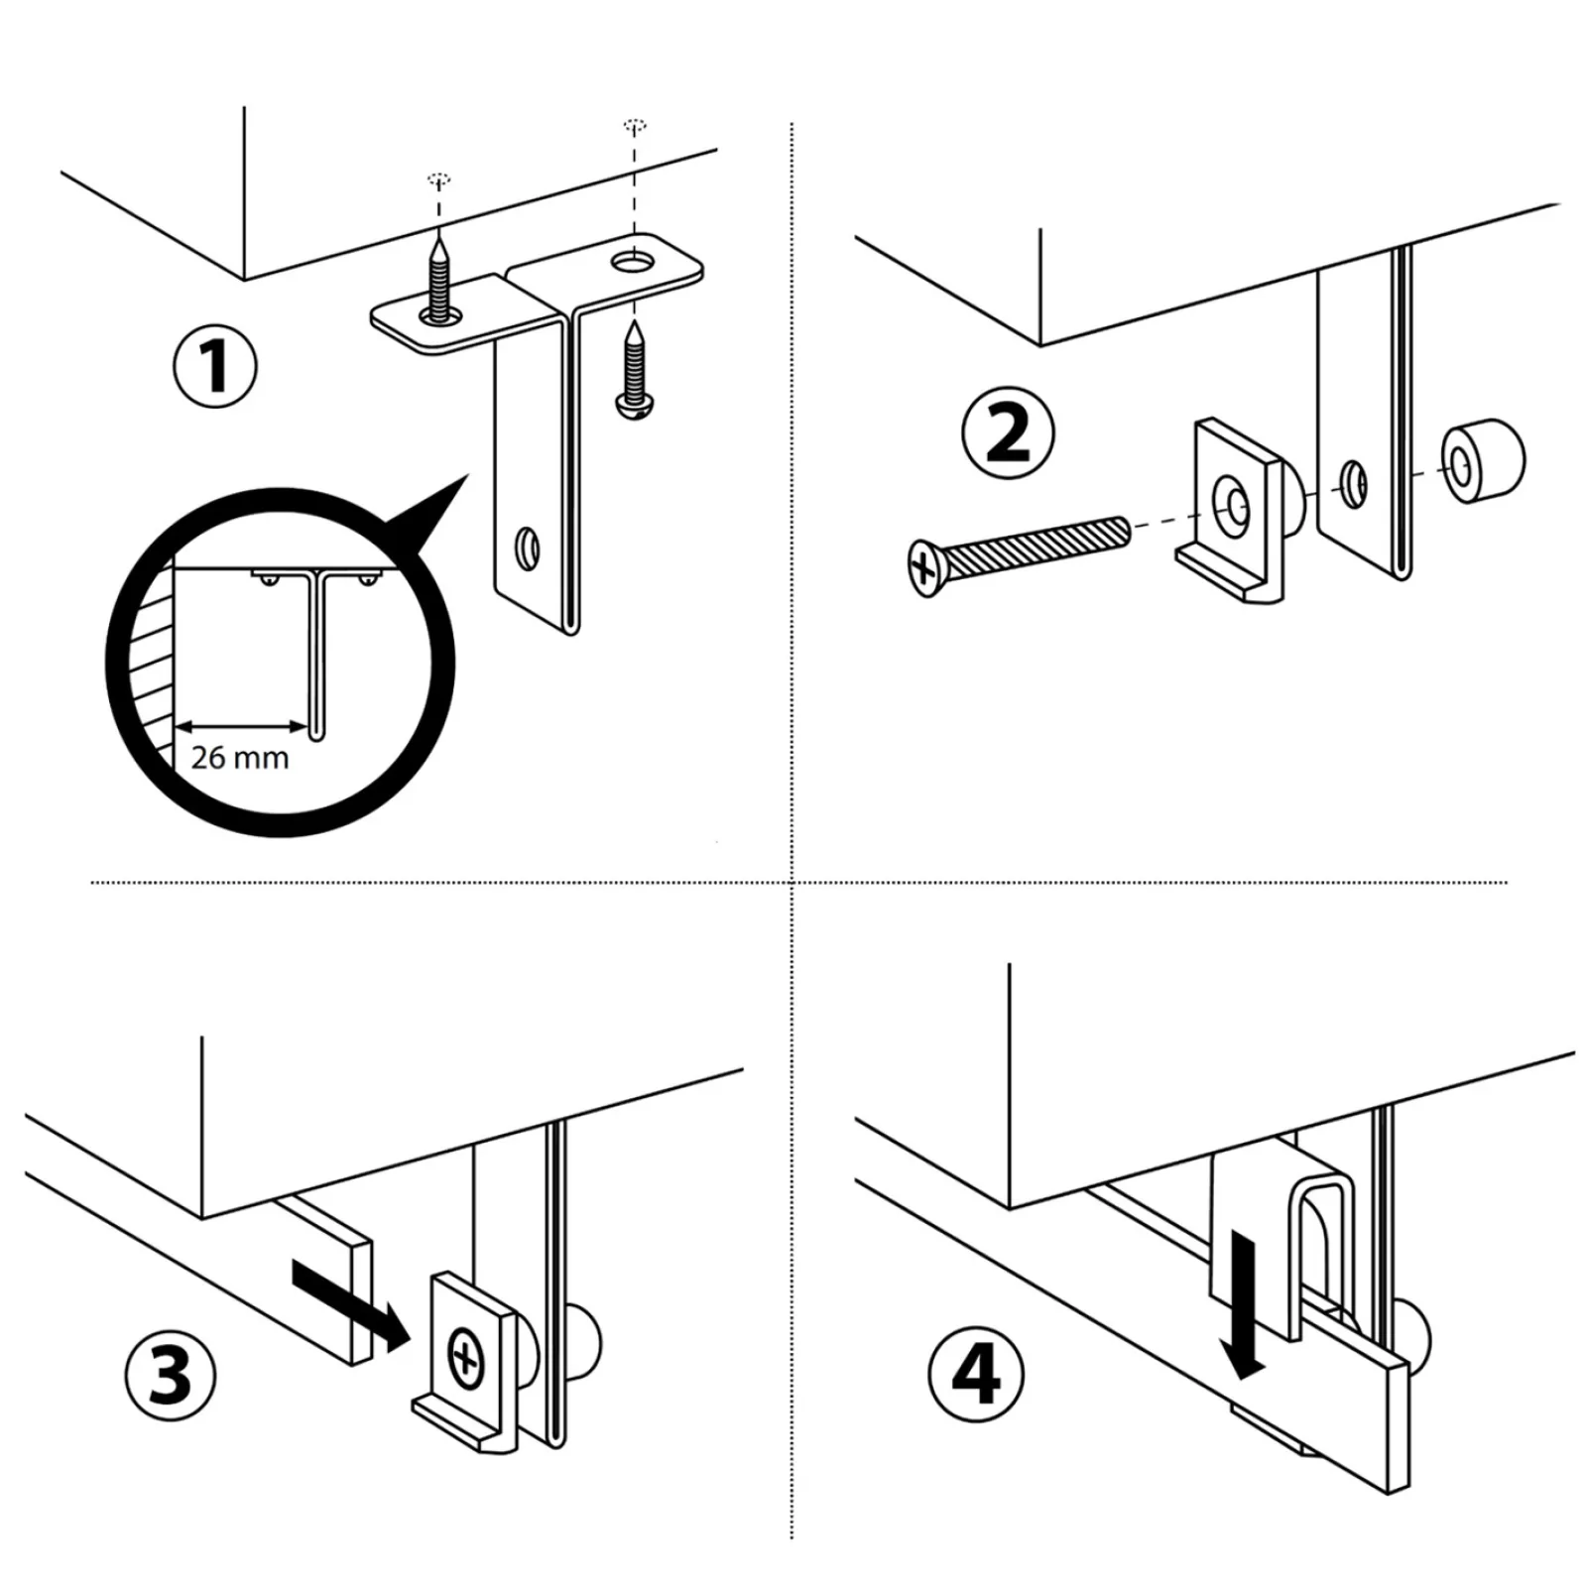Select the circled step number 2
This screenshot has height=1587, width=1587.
[1008, 434]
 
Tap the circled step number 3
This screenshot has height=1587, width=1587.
[171, 1376]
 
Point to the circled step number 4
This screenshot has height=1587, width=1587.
[975, 1376]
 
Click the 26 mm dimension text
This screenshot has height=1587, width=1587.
[240, 758]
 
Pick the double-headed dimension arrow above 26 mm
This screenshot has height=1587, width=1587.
[241, 725]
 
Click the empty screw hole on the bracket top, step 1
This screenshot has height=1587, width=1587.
[633, 263]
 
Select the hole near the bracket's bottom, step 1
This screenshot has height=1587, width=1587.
[527, 549]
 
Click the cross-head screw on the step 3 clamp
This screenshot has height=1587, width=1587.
[464, 1357]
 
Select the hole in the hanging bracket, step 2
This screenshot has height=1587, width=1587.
[1353, 483]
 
